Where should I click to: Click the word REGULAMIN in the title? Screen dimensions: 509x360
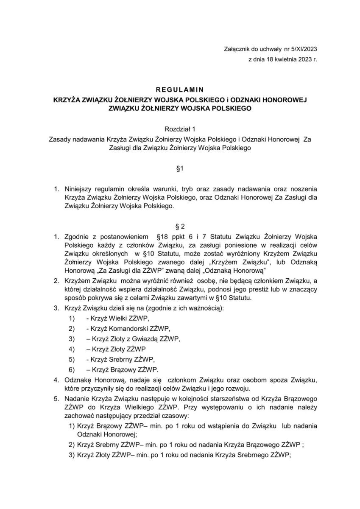tap(180, 89)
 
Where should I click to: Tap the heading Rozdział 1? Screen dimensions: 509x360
tap(180, 128)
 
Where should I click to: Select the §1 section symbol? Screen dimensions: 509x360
tap(180, 169)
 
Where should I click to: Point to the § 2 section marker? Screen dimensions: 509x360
tap(180, 226)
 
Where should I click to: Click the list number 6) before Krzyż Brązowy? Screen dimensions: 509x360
tap(72, 369)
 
